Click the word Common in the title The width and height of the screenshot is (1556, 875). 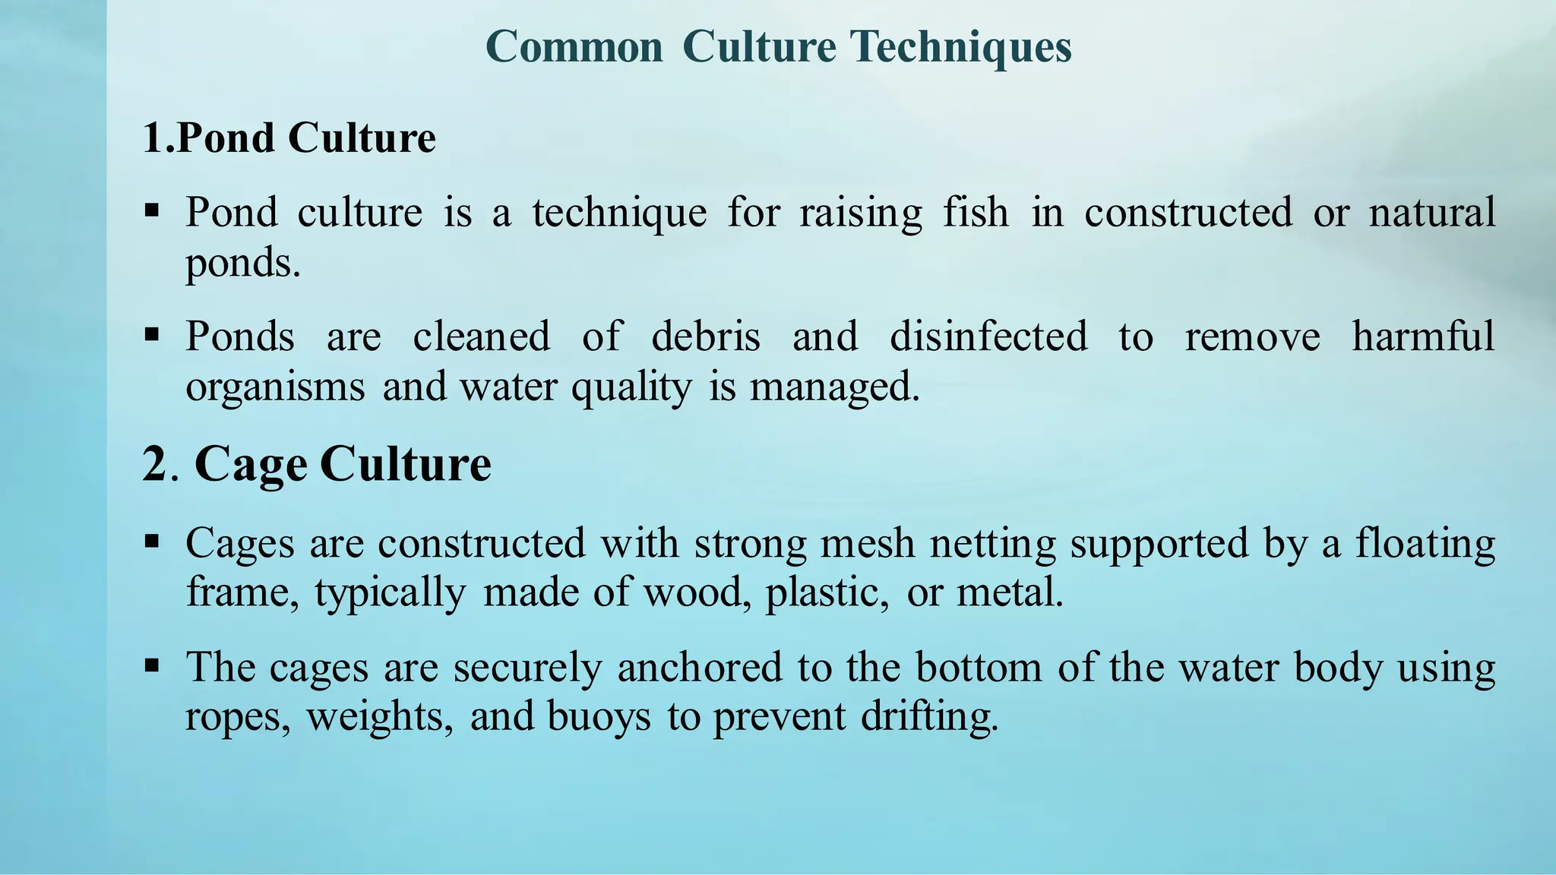pyautogui.click(x=574, y=47)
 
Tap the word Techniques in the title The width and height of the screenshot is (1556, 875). pyautogui.click(x=960, y=47)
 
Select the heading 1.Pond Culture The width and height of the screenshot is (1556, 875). pyautogui.click(x=289, y=138)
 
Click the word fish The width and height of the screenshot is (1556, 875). pyautogui.click(x=976, y=212)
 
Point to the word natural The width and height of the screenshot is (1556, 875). pyautogui.click(x=1431, y=212)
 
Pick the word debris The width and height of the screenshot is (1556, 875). pyautogui.click(x=706, y=336)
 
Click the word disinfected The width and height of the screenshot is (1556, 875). pyautogui.click(x=988, y=336)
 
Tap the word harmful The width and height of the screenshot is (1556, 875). pyautogui.click(x=1423, y=336)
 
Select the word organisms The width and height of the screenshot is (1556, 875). pyautogui.click(x=275, y=387)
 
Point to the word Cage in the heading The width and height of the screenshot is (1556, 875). pyautogui.click(x=251, y=464)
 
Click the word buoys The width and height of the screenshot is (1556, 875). pyautogui.click(x=599, y=717)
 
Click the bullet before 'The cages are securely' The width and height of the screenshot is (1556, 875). pyautogui.click(x=152, y=667)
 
